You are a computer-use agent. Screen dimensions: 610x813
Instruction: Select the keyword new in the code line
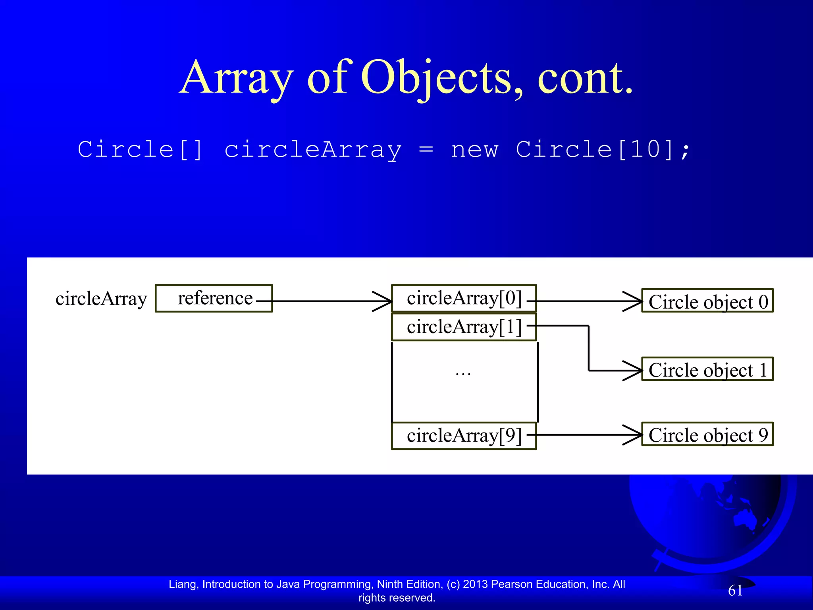(474, 150)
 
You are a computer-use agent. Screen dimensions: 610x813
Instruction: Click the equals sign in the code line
(426, 150)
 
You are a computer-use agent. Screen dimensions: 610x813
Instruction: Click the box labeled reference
(214, 298)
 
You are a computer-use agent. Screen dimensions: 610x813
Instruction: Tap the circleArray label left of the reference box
(101, 299)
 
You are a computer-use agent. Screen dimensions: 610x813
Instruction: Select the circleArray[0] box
(464, 298)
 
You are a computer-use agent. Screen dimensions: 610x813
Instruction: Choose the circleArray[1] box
(464, 327)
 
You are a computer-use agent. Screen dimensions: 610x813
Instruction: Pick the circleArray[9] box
(464, 436)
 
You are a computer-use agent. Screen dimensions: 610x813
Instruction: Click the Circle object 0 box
(707, 301)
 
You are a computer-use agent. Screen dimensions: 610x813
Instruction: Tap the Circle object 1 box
(707, 369)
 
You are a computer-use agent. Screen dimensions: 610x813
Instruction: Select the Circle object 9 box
(707, 434)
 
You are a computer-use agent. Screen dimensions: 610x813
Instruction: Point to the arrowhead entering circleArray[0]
(383, 301)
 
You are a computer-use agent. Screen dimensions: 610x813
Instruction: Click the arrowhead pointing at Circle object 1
(634, 371)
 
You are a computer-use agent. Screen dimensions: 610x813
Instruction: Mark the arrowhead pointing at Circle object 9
(634, 435)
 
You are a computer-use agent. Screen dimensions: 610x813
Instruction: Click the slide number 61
(735, 591)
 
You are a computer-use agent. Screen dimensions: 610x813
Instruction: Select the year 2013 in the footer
(475, 584)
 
